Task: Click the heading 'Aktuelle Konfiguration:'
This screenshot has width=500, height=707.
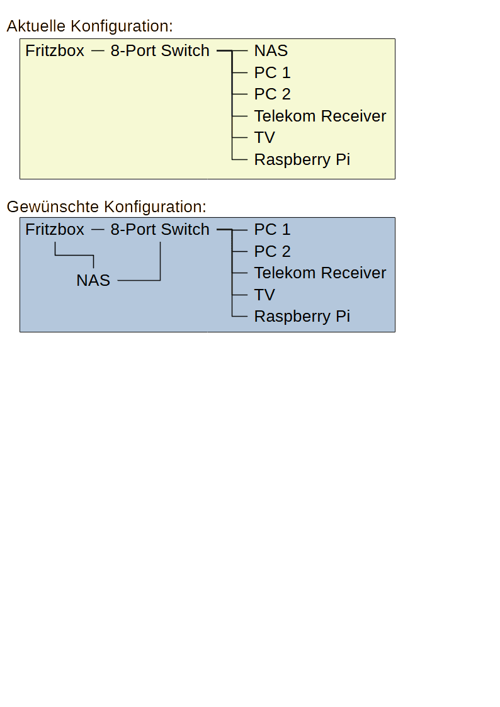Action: pyautogui.click(x=89, y=26)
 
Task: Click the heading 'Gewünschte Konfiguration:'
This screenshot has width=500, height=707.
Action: pyautogui.click(x=106, y=206)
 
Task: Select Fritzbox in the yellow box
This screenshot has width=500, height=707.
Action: pyautogui.click(x=55, y=50)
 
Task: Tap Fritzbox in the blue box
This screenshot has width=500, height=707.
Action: pyautogui.click(x=55, y=230)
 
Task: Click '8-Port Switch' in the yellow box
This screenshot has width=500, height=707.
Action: pyautogui.click(x=160, y=50)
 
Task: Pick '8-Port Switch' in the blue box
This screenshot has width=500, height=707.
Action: pyautogui.click(x=160, y=230)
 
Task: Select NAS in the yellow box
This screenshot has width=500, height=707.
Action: pyautogui.click(x=271, y=50)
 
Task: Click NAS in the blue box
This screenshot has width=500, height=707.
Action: pyautogui.click(x=93, y=280)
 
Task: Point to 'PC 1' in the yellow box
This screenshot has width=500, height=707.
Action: pyautogui.click(x=272, y=72)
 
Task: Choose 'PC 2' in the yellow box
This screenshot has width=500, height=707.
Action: pyautogui.click(x=272, y=94)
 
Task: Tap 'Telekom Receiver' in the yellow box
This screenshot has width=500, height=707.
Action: pyautogui.click(x=320, y=116)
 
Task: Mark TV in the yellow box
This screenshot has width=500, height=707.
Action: pyautogui.click(x=264, y=137)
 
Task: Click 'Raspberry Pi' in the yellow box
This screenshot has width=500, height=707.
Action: pyautogui.click(x=302, y=160)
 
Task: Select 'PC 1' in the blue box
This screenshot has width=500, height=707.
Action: pyautogui.click(x=272, y=230)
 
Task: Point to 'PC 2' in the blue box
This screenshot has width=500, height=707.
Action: pyautogui.click(x=272, y=251)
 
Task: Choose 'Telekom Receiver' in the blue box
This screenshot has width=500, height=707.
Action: pyautogui.click(x=320, y=273)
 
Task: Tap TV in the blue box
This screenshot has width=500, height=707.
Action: pyautogui.click(x=264, y=295)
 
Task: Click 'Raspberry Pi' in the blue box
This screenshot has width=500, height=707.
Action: pyautogui.click(x=302, y=317)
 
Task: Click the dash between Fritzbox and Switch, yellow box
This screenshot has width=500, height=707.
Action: pyautogui.click(x=98, y=51)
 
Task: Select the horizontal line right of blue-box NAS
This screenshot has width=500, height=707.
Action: pyautogui.click(x=139, y=280)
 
